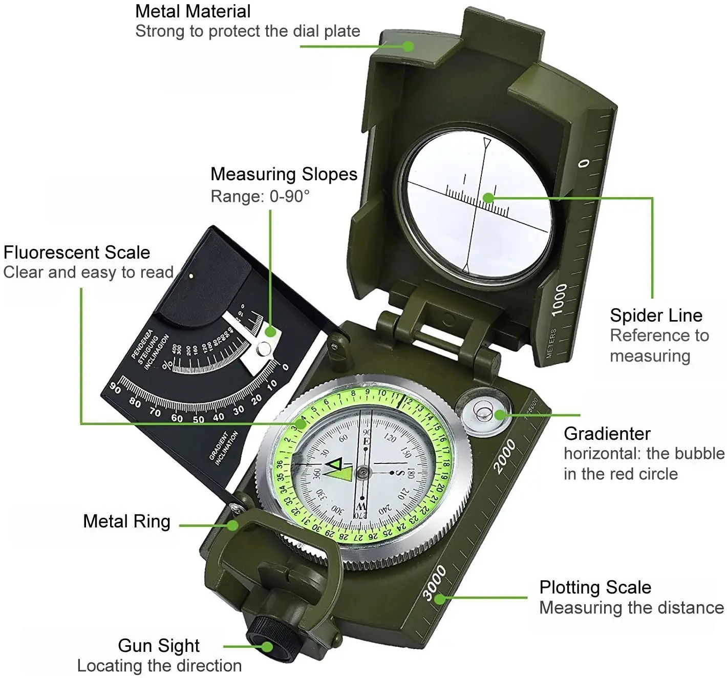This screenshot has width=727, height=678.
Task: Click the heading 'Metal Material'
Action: (x=193, y=11)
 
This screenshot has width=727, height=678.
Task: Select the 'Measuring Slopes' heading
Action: (x=284, y=174)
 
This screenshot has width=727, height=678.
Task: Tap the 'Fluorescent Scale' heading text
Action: (x=77, y=252)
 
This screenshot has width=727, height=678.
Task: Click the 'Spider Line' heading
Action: (x=656, y=315)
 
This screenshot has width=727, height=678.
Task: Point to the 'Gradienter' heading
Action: (x=607, y=434)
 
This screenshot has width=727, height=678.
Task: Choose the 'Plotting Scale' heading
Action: (x=595, y=587)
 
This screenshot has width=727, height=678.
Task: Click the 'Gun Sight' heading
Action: (x=159, y=645)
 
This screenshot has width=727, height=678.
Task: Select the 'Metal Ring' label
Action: (x=126, y=521)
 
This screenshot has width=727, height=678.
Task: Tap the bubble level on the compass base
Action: (x=483, y=411)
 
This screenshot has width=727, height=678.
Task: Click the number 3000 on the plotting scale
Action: (x=435, y=583)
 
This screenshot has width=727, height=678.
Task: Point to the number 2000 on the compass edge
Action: (x=505, y=456)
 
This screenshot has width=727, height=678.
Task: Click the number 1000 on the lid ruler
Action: (x=559, y=299)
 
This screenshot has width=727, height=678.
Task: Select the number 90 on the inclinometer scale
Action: (x=116, y=389)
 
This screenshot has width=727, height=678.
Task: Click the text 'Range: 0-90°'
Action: (x=260, y=196)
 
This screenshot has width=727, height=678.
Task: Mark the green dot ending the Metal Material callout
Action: (x=408, y=46)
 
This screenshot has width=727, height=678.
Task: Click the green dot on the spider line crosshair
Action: (x=488, y=198)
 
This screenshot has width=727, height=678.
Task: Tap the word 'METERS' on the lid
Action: (x=551, y=343)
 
